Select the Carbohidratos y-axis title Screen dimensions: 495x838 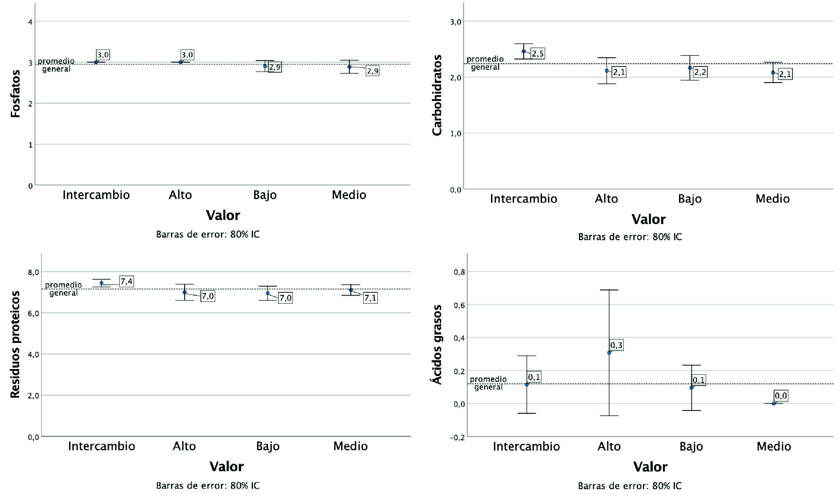[x=437, y=95]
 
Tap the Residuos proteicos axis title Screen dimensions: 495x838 [x=15, y=344]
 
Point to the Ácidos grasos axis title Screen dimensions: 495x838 [x=437, y=344]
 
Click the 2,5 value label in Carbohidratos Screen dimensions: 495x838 [x=538, y=54]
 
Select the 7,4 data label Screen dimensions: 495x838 [x=126, y=281]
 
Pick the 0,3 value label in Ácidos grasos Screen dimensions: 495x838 [x=616, y=345]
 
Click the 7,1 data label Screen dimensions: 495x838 [x=370, y=298]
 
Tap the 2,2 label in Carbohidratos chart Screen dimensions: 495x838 [x=700, y=72]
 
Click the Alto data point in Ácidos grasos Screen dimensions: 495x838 [x=609, y=353]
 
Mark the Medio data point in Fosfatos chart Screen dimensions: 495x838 [x=349, y=67]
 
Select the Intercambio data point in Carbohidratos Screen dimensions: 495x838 [x=524, y=51]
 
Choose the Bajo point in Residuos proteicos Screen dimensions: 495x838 [x=268, y=293]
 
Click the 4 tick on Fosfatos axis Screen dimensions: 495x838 [x=30, y=22]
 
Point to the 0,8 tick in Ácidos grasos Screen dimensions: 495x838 [x=459, y=272]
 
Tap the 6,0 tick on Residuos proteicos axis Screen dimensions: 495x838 [x=33, y=314]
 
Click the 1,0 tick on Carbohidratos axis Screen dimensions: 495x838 [x=455, y=134]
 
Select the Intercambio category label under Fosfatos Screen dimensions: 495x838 [x=96, y=195]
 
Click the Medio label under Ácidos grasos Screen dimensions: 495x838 [x=774, y=446]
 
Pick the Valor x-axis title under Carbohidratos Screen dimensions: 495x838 [x=648, y=219]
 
